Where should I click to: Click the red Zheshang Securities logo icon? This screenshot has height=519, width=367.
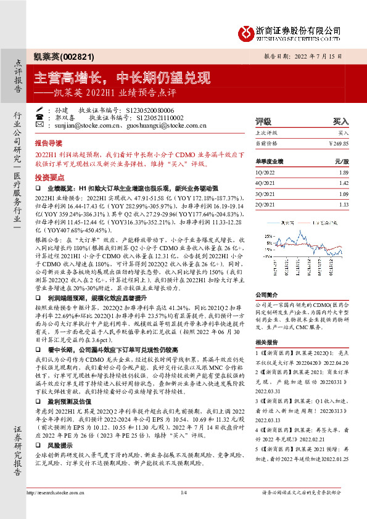[247, 31]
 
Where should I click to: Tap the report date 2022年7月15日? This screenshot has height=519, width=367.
[321, 55]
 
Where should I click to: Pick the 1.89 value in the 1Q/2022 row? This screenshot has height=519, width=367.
[344, 173]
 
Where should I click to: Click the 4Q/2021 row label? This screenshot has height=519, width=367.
[266, 183]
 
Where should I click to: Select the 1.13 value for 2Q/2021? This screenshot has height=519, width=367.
[344, 204]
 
